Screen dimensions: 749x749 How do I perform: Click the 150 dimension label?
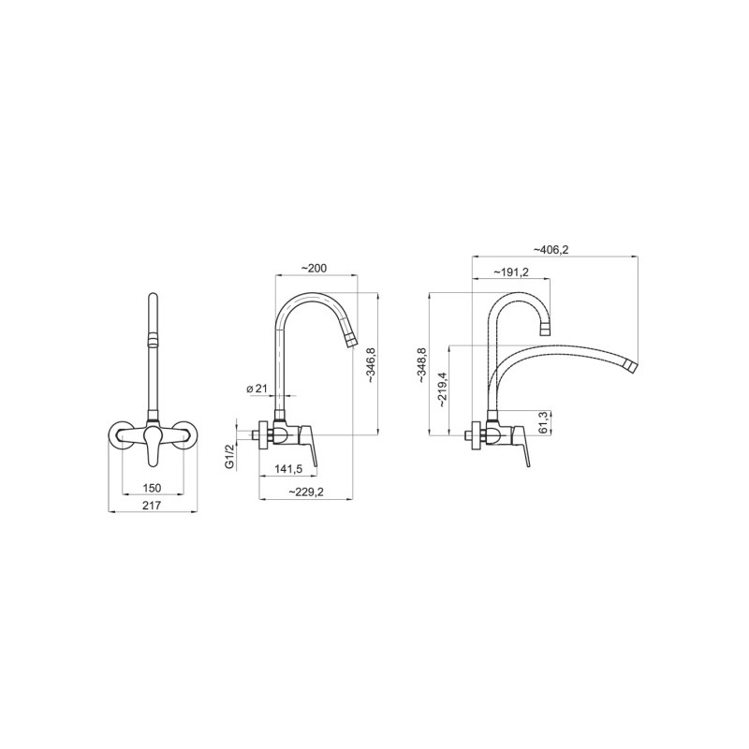coord(152,488)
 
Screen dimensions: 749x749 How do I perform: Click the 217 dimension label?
coord(152,505)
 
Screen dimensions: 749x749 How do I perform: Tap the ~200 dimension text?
coord(314,269)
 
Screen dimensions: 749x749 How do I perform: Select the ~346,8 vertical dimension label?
coord(372,365)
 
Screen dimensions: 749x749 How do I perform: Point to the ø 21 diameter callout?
coord(257,389)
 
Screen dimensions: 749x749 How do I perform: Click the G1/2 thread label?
coord(229,456)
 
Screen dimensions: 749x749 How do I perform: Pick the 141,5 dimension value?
coord(288,469)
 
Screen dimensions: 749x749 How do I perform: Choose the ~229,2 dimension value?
coord(306,492)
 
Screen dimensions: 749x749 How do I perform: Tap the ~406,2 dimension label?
coord(551,249)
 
